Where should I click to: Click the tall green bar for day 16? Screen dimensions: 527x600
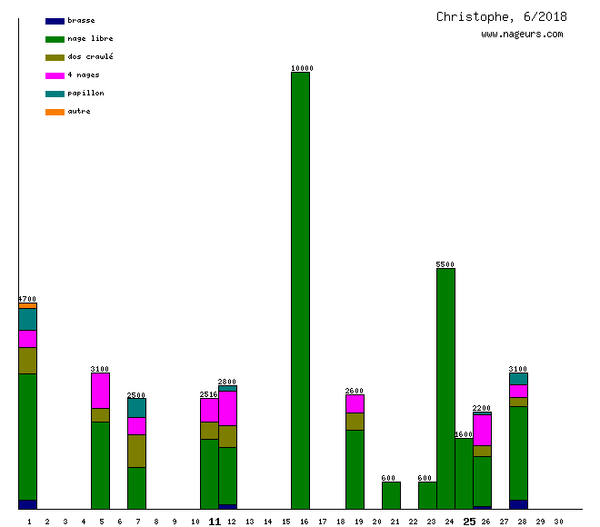click(x=300, y=291)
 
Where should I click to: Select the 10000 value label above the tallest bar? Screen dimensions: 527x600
click(x=302, y=68)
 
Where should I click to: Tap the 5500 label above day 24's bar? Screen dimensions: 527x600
click(x=445, y=264)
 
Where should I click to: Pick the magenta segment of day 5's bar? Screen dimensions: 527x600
click(x=100, y=391)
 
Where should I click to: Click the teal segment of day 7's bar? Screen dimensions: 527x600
click(x=136, y=408)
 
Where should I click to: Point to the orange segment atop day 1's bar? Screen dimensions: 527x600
click(x=27, y=305)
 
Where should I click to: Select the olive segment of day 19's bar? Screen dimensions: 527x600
click(x=355, y=422)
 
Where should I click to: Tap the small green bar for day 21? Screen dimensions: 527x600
click(x=391, y=495)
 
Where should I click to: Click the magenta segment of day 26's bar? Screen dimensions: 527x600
click(x=482, y=430)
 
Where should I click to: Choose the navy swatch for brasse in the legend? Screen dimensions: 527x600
click(x=55, y=21)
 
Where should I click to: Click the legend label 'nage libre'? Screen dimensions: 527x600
click(x=90, y=39)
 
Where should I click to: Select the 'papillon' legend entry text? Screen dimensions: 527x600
click(x=85, y=94)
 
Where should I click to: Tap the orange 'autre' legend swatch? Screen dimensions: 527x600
click(x=55, y=112)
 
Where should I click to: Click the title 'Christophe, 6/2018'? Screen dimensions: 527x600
click(x=501, y=16)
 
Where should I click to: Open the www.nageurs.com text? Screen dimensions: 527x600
click(x=522, y=35)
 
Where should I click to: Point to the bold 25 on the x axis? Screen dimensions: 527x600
click(x=469, y=522)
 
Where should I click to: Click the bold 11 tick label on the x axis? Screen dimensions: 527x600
click(x=215, y=522)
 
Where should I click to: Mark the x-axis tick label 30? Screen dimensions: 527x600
click(x=558, y=522)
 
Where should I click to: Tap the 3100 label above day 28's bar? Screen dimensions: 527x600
click(x=518, y=369)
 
